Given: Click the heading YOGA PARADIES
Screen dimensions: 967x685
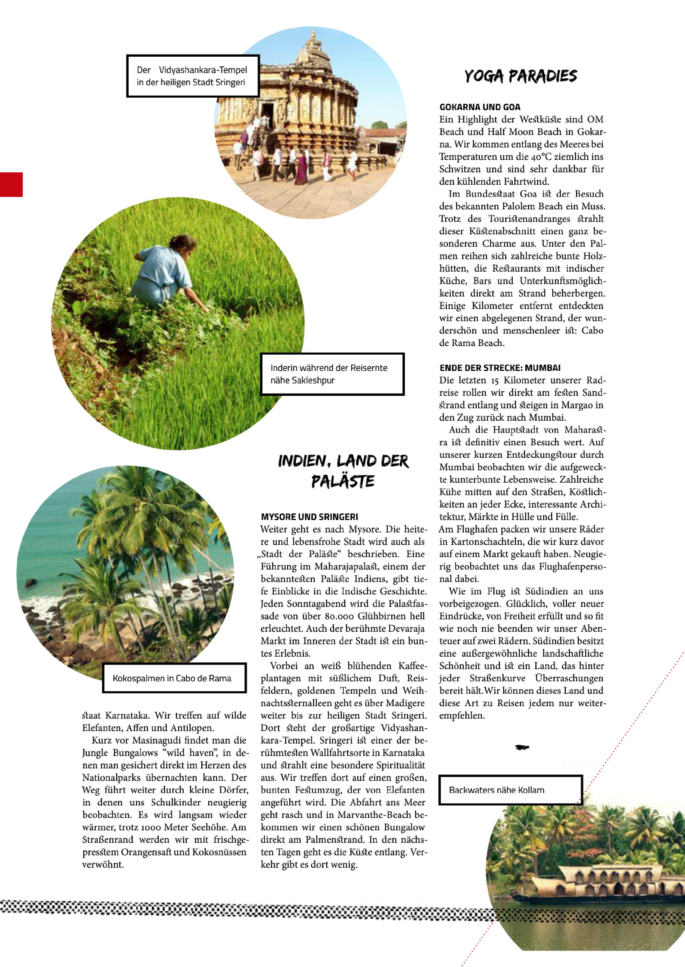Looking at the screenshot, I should coord(520,76).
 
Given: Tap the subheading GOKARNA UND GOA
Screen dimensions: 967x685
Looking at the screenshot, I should coord(480,107).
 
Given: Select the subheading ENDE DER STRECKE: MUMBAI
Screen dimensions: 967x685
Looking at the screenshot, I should coord(500,368).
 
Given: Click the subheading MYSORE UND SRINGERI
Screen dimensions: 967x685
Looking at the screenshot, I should coord(309,517).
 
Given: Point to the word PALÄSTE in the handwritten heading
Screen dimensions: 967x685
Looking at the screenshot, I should coord(342,481).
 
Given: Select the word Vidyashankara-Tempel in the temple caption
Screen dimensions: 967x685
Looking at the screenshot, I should coord(203,70).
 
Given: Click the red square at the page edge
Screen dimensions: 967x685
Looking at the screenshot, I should coord(11,184).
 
